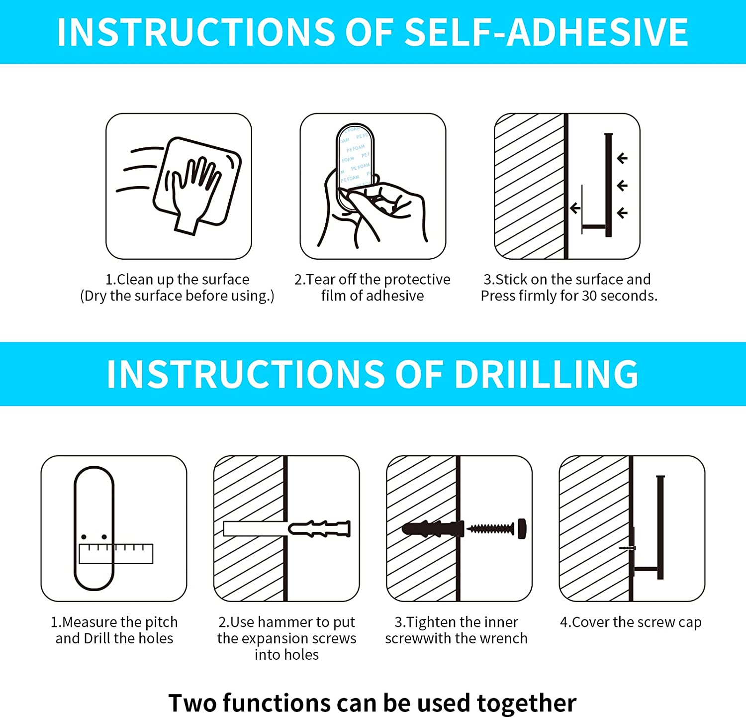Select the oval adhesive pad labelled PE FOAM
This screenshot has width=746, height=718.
[355, 164]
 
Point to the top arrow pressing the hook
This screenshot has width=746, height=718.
[622, 158]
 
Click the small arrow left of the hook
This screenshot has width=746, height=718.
[575, 208]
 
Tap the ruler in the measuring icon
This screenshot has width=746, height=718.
[116, 553]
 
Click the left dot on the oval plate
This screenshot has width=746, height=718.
[84, 537]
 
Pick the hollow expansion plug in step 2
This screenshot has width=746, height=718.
[320, 528]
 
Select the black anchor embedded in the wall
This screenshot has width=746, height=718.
[433, 528]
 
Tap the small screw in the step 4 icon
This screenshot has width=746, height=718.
[628, 548]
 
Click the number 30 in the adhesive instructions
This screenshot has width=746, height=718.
[589, 296]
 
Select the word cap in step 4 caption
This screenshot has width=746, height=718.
[690, 623]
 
